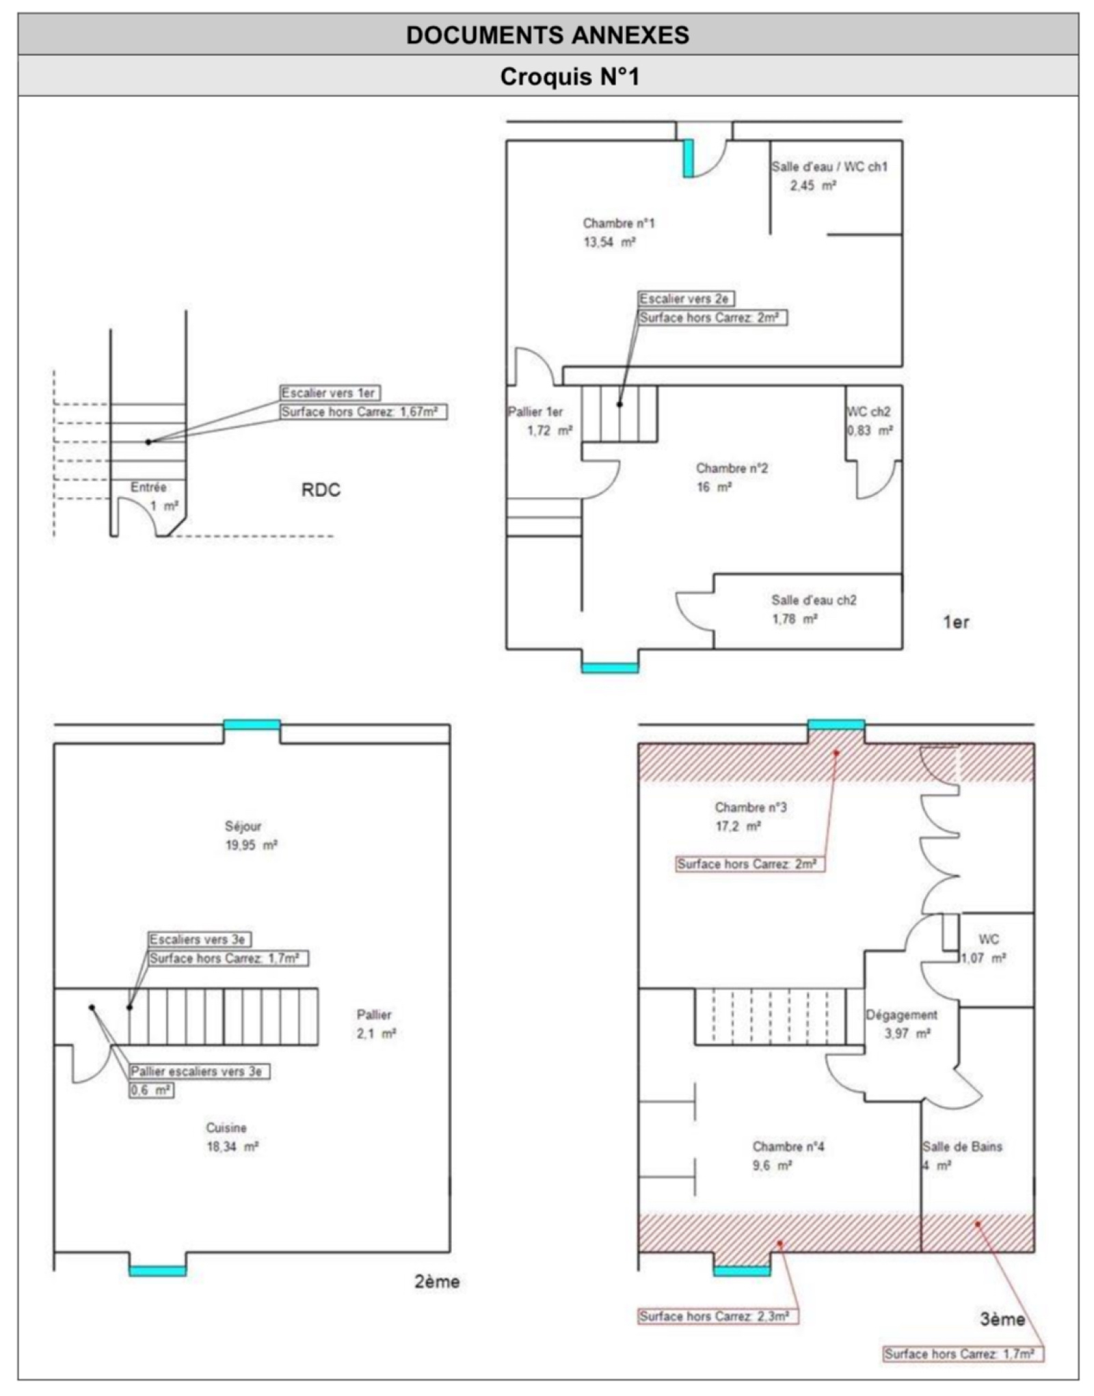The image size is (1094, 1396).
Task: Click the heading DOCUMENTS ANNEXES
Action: coord(548,35)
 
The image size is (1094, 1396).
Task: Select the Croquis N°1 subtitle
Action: coord(570,76)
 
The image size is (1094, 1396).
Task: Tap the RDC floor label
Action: coord(321,490)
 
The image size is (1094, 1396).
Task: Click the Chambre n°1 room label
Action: coord(619,223)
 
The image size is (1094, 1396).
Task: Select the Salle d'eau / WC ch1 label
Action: coord(829,166)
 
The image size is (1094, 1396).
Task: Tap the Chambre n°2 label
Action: coord(732,468)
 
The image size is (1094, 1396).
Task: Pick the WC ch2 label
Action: coord(868,412)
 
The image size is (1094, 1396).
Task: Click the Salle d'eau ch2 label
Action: coord(814,600)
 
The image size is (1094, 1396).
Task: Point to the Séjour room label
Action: coord(243,826)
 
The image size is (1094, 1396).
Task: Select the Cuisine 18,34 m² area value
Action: coord(232,1146)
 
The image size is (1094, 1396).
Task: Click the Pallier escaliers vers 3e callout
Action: coord(200,1071)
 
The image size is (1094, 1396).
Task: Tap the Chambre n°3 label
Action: coord(751,807)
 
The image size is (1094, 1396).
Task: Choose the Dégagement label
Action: coord(902,1015)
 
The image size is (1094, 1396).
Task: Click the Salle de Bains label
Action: coord(963,1146)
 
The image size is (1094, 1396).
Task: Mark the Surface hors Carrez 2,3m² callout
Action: coord(718,1316)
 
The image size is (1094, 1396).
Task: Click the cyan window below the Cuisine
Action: coord(157,1271)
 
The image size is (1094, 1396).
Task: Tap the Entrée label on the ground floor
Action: coord(148,487)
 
